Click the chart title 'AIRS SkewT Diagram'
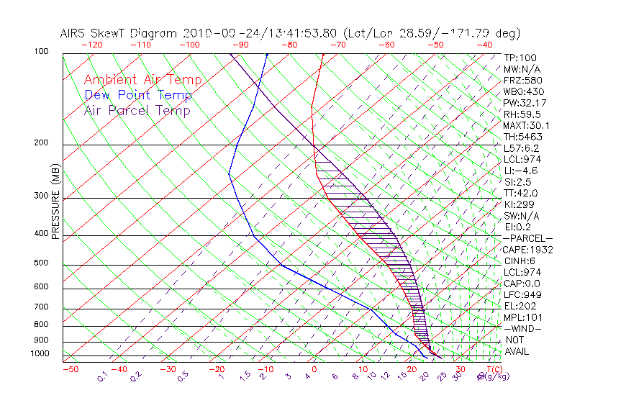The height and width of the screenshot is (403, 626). coord(119,34)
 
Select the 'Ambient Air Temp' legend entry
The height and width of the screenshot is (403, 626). coord(142,80)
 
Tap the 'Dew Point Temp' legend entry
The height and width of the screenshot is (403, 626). coord(138,95)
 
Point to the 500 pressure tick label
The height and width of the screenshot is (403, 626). coord(42,263)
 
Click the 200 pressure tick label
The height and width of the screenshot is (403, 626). coord(42,143)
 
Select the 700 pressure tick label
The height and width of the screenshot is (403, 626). coord(42,308)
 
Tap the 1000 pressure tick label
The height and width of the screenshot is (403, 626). coord(40,354)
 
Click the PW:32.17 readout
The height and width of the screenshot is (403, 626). coord(522,103)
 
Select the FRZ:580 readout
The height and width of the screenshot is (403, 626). coord(521,80)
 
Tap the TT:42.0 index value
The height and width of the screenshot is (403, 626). coord(520,193)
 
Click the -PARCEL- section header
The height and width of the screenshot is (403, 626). coord(527,238)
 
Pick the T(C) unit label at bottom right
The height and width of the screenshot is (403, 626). coord(493,370)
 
